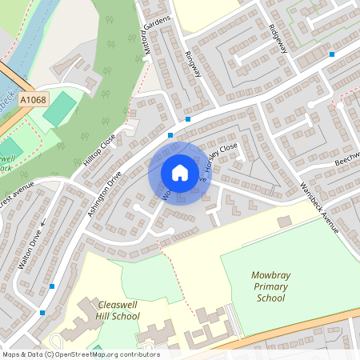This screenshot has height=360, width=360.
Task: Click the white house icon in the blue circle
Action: (179, 173)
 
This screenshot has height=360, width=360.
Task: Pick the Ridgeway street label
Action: (278, 37)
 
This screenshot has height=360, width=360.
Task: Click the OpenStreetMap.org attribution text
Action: (106, 354)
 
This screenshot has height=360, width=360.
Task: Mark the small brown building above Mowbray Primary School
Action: (284, 220)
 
